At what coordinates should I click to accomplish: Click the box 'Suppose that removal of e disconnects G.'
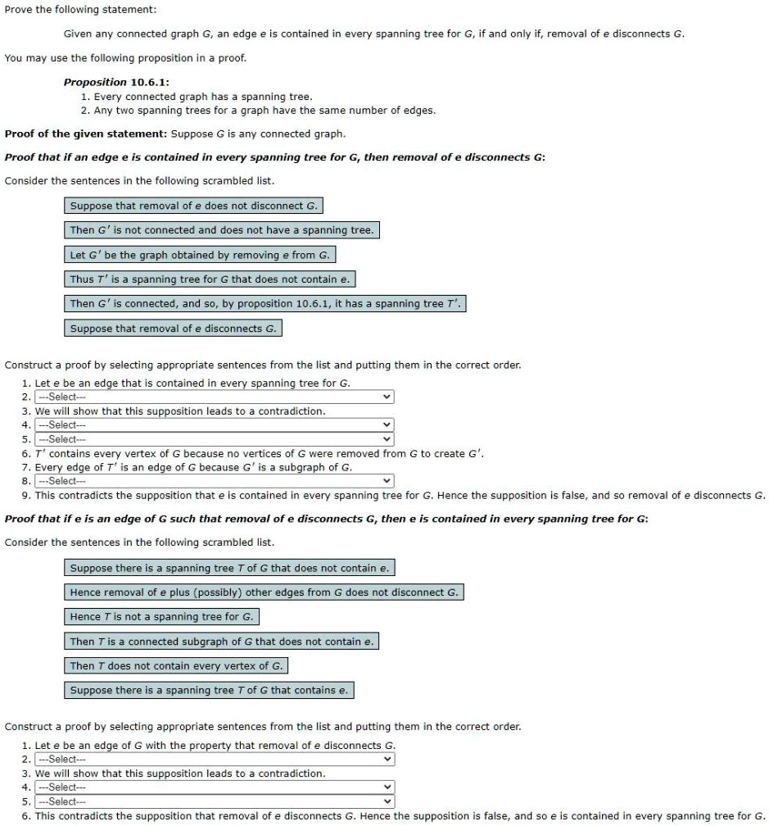click(x=173, y=329)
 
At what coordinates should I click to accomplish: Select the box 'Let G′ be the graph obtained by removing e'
click(x=200, y=255)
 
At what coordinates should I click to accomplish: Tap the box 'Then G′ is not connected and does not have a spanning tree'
click(x=222, y=230)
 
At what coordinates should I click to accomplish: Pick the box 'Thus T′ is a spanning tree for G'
click(x=210, y=279)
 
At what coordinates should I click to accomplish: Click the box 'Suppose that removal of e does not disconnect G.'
click(x=193, y=206)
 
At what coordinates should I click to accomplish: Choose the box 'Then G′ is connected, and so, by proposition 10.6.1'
click(x=265, y=304)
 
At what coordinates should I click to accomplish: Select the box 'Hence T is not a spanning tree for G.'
click(x=162, y=616)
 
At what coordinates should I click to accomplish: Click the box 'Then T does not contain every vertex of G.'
click(x=176, y=665)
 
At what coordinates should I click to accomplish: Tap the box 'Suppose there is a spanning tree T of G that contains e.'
click(x=209, y=690)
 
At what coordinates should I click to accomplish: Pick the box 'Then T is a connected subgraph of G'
click(x=222, y=641)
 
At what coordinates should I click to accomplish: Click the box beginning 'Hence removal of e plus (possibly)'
click(x=264, y=592)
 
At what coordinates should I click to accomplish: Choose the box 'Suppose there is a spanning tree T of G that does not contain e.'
click(x=230, y=567)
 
